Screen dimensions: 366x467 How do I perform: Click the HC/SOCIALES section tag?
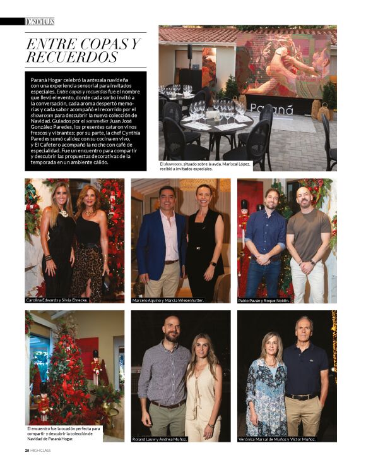[x=39, y=21]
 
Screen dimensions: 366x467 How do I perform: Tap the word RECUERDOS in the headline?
[x=72, y=58]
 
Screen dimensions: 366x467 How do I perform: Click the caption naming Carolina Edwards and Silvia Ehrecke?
[x=57, y=300]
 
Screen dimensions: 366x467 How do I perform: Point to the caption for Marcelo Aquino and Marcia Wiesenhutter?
[x=167, y=300]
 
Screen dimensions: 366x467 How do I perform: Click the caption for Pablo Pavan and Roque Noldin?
[x=264, y=300]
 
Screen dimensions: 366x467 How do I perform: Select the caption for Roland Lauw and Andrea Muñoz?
[x=160, y=439]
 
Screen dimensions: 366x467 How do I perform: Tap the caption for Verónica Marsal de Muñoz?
[x=278, y=439]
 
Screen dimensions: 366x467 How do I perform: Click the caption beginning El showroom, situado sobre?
[x=204, y=166]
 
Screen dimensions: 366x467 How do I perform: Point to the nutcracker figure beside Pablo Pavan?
[x=244, y=221]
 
